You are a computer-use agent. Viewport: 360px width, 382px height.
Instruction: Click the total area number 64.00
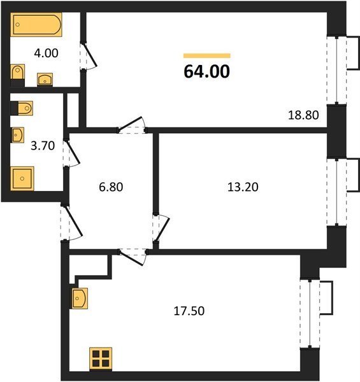pyautogui.click(x=206, y=71)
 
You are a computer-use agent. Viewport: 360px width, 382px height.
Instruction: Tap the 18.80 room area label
pyautogui.click(x=303, y=115)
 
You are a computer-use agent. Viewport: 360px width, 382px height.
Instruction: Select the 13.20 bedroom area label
pyautogui.click(x=243, y=187)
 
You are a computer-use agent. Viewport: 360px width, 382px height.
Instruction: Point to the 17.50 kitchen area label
pyautogui.click(x=189, y=311)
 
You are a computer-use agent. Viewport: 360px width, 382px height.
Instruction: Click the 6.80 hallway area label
pyautogui.click(x=111, y=187)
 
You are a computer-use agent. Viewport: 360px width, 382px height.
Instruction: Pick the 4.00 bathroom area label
pyautogui.click(x=46, y=53)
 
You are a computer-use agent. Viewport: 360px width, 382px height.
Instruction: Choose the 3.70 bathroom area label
pyautogui.click(x=43, y=146)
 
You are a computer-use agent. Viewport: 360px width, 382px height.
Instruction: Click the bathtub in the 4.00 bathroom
pyautogui.click(x=36, y=25)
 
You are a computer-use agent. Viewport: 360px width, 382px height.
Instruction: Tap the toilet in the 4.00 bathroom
pyautogui.click(x=18, y=72)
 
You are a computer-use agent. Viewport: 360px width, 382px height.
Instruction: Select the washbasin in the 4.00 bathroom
pyautogui.click(x=45, y=80)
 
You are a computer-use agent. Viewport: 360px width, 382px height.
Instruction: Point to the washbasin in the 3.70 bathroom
pyautogui.click(x=18, y=135)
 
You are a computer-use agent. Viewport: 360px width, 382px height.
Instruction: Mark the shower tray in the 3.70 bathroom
pyautogui.click(x=22, y=178)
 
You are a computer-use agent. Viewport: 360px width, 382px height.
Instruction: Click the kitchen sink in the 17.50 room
pyautogui.click(x=80, y=298)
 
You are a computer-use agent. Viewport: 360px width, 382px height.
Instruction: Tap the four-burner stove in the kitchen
pyautogui.click(x=101, y=359)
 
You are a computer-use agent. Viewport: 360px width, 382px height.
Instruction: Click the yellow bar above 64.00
pyautogui.click(x=207, y=56)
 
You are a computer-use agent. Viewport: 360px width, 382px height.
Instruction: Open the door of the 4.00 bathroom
pyautogui.click(x=88, y=56)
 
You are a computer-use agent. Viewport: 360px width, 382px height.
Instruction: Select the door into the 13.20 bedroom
pyautogui.click(x=161, y=229)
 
